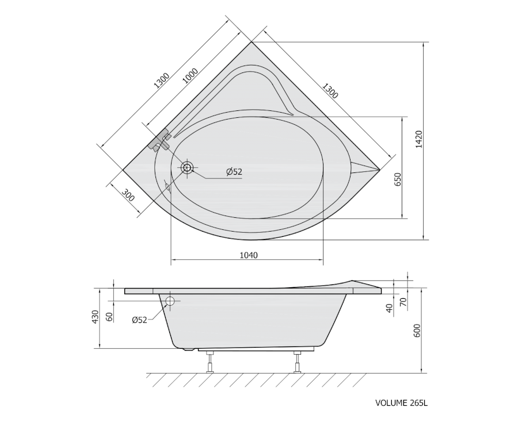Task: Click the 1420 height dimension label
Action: [x=418, y=139]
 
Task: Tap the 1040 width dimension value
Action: [x=249, y=255]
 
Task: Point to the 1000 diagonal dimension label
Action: [x=191, y=76]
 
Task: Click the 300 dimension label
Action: [x=128, y=195]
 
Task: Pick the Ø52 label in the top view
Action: [x=234, y=172]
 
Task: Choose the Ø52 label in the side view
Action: [x=139, y=320]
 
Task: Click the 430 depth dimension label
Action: [x=95, y=317]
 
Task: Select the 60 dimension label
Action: [x=110, y=317]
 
